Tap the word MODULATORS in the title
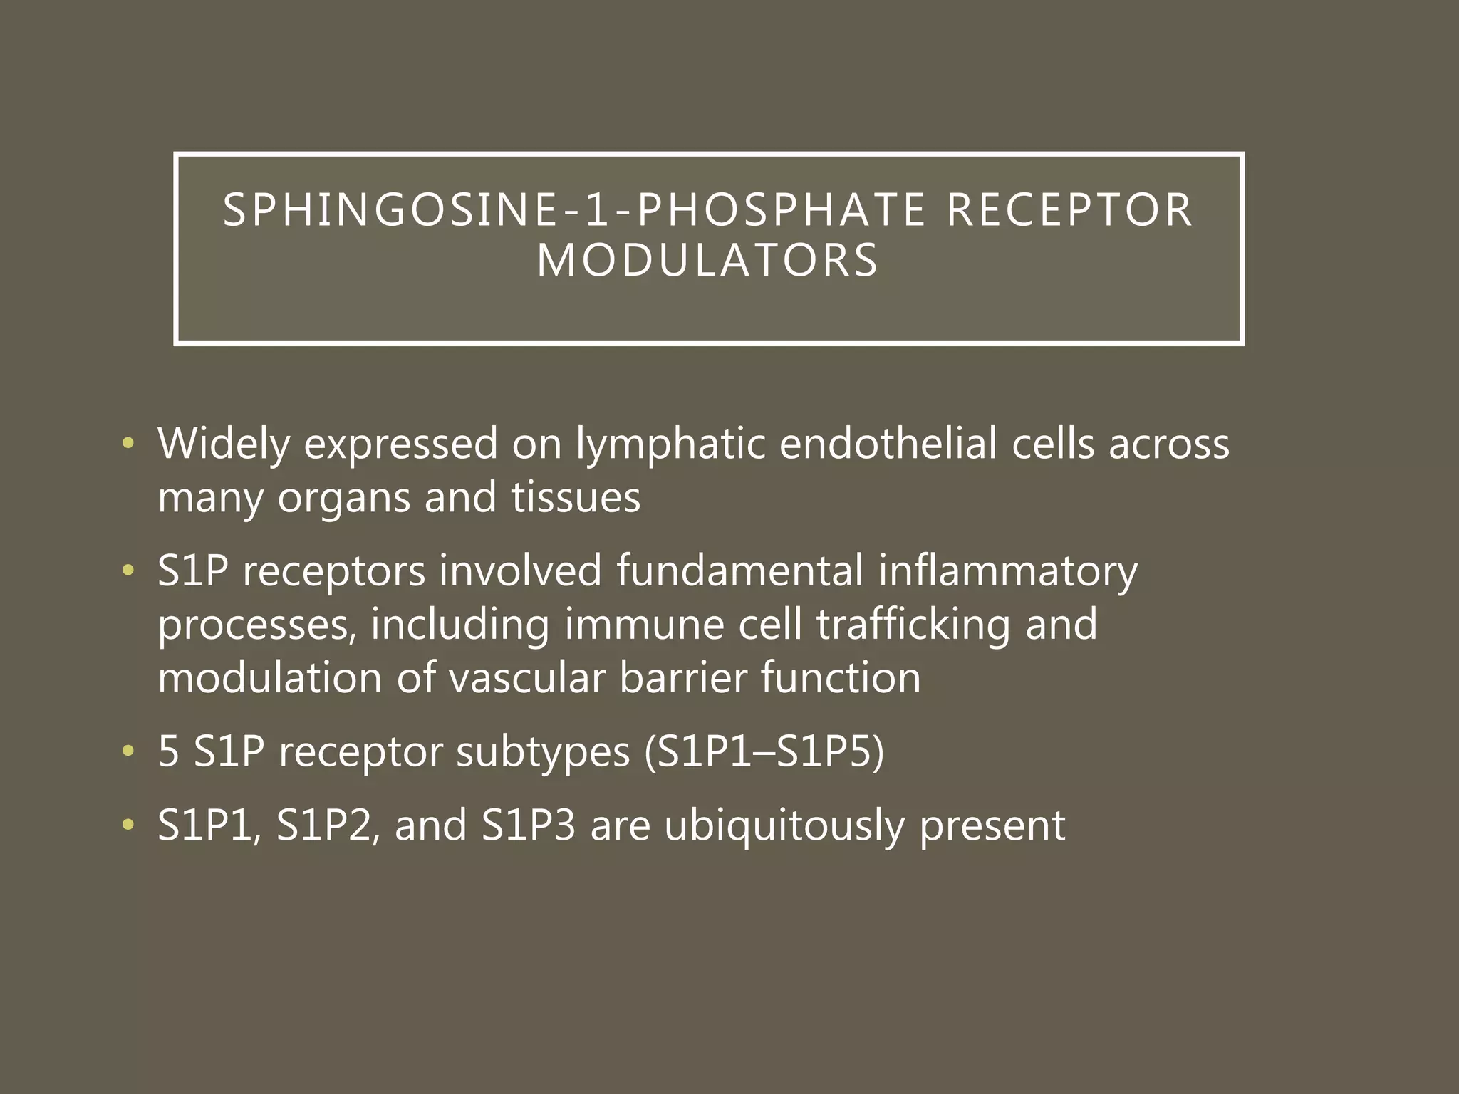tap(708, 261)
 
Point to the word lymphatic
tap(670, 444)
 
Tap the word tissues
tap(576, 497)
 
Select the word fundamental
tap(739, 571)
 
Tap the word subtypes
tap(543, 752)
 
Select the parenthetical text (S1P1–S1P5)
tap(764, 752)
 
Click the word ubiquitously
tap(784, 826)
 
